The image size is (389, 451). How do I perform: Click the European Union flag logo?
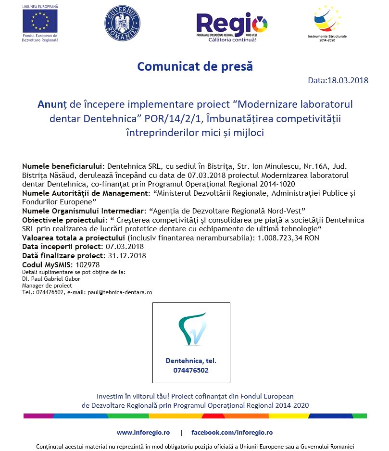[x=40, y=21]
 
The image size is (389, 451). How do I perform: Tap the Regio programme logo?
[x=232, y=25]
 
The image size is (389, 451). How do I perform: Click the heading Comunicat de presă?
[x=195, y=66]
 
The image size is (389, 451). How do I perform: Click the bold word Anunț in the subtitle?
[x=53, y=104]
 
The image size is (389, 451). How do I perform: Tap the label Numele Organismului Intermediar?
[x=82, y=211]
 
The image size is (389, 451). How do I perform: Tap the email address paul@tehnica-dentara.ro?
[x=120, y=292]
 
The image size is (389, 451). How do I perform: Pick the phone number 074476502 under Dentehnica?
[x=191, y=371]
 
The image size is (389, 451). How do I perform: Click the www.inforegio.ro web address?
[x=143, y=433]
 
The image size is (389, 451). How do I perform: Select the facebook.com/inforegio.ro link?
[x=232, y=433]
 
